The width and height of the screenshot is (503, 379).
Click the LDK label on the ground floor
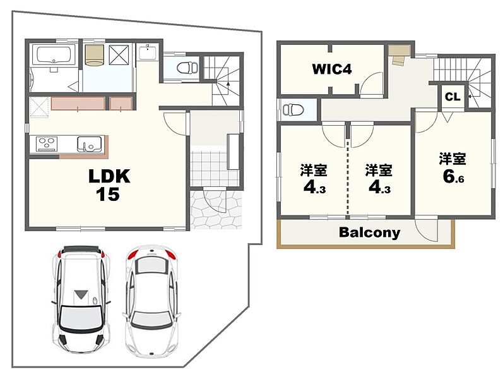[x=109, y=176]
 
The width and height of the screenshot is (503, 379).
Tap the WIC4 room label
[x=332, y=69]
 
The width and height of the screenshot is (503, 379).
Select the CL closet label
[x=453, y=97]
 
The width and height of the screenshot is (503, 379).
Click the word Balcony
[x=370, y=232]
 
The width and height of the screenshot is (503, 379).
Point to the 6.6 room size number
[x=453, y=177]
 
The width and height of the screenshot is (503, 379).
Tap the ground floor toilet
[x=187, y=68]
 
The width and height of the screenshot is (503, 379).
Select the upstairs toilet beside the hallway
[x=293, y=110]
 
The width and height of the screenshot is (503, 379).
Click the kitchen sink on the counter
[x=90, y=144]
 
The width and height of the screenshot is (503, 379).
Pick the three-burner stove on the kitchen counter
[x=47, y=143]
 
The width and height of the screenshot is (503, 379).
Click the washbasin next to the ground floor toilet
[x=148, y=52]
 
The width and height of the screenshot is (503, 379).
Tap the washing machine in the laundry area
[x=95, y=55]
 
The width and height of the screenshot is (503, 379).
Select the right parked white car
[x=151, y=301]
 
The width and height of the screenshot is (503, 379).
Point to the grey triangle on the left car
[x=81, y=294]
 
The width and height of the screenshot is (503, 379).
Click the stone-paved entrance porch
[x=216, y=210]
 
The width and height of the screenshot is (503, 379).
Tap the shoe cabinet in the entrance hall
[x=234, y=152]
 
